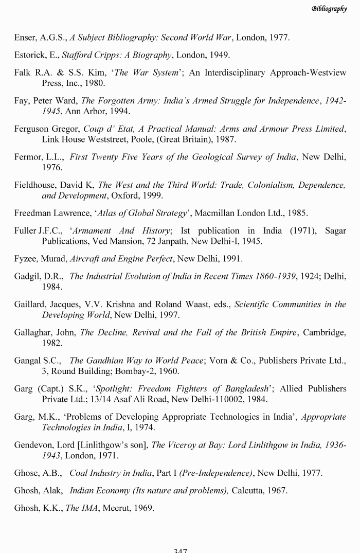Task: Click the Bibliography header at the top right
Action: coord(329,8)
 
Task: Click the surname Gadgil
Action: coord(27,276)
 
